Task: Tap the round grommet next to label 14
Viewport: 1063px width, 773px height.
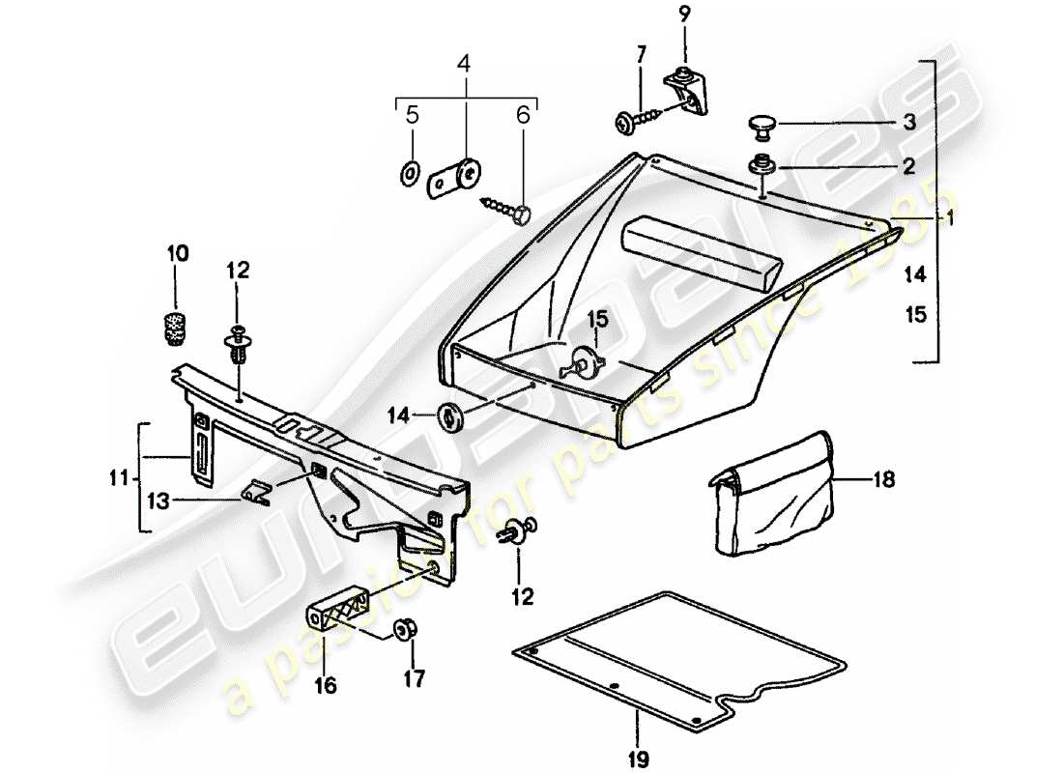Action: click(451, 417)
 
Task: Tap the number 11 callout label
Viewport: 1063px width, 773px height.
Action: click(116, 476)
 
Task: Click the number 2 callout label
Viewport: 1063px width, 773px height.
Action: click(907, 166)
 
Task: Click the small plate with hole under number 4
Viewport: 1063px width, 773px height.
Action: click(453, 178)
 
